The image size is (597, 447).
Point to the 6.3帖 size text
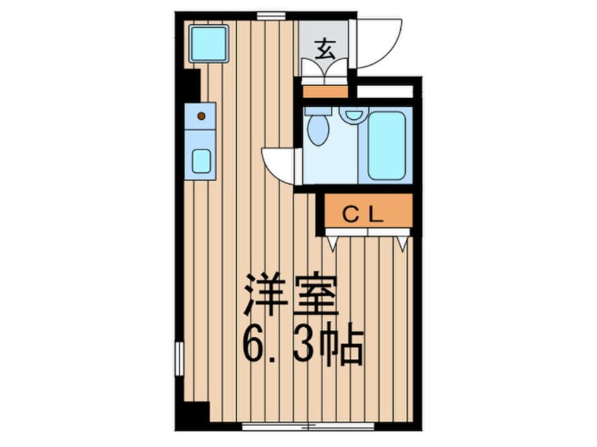[303, 344]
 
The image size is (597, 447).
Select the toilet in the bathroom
[318, 128]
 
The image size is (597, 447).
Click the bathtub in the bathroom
[386, 145]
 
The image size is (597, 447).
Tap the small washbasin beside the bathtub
[352, 114]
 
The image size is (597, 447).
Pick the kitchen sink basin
[201, 161]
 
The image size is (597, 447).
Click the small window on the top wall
[271, 16]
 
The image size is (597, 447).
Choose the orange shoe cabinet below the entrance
[325, 91]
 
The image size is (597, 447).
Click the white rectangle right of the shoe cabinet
[384, 91]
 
